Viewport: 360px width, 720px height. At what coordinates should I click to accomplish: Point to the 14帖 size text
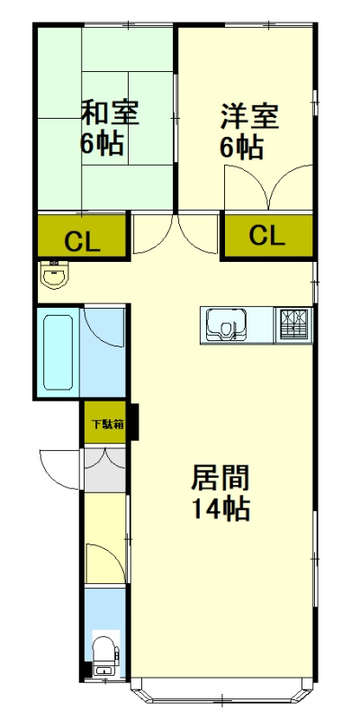(220, 509)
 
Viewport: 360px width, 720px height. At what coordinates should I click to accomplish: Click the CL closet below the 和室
(81, 240)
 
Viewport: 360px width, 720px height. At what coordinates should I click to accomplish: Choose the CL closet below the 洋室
(267, 236)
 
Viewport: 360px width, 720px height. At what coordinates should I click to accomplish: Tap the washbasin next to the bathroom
(56, 274)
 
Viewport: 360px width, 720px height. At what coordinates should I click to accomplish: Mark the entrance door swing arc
(56, 466)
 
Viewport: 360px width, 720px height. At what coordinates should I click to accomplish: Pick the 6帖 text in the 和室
(102, 144)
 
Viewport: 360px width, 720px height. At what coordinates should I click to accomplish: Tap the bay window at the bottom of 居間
(221, 697)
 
